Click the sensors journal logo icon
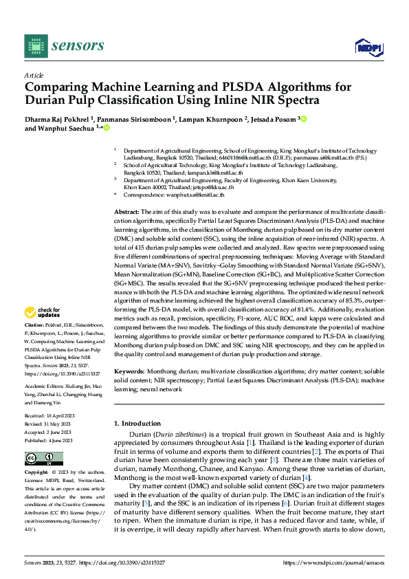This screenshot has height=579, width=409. (36, 46)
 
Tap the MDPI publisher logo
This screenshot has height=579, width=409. (368, 47)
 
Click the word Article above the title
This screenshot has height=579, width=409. (34, 75)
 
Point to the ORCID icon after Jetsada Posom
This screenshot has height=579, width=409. (303, 119)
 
